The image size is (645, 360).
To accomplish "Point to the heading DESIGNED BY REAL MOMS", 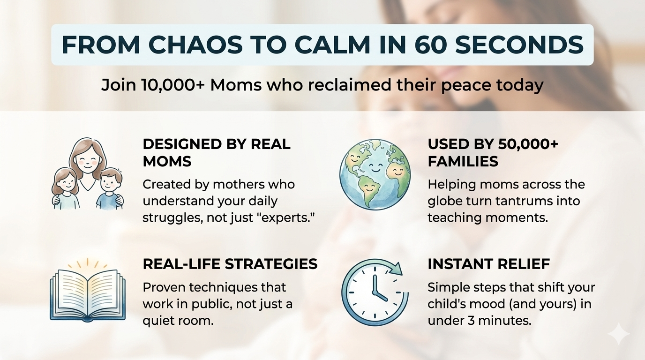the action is pos(217,153).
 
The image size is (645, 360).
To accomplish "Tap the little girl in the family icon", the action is pos(66,188).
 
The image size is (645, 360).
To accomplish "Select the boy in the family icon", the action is pos(110,189).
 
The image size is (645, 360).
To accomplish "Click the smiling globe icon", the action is pos(375,174).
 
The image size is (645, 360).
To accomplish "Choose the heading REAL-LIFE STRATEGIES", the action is pos(230,264).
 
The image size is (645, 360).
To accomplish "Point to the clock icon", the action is pos(375,292).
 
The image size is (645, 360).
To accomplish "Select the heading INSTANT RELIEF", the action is pos(489,264).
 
